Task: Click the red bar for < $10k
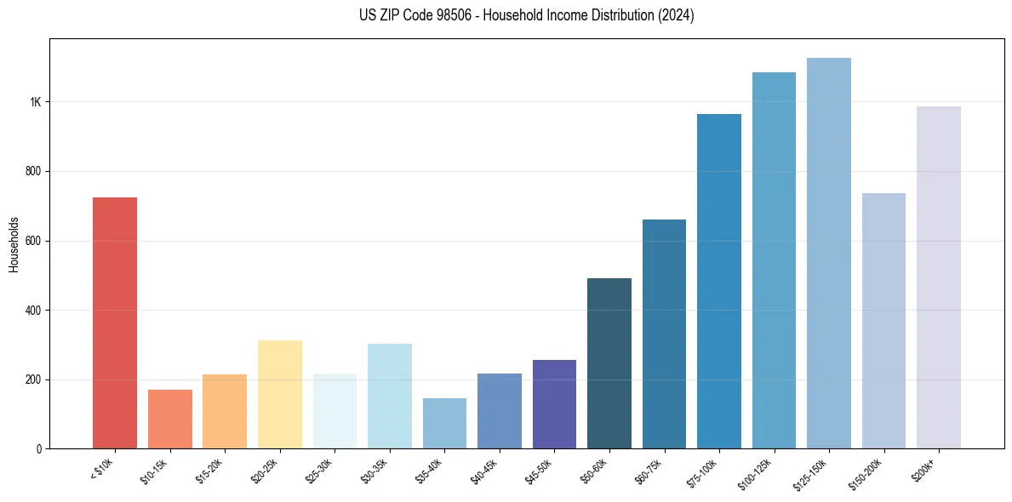114,323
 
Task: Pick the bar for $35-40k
444,423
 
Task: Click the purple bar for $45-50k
554,404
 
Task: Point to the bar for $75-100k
719,281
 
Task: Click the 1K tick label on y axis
35,102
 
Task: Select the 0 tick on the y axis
39,448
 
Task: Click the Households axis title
14,244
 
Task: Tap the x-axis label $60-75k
646,470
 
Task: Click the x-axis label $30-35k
371,470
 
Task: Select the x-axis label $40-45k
481,470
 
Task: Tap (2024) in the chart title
676,15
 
